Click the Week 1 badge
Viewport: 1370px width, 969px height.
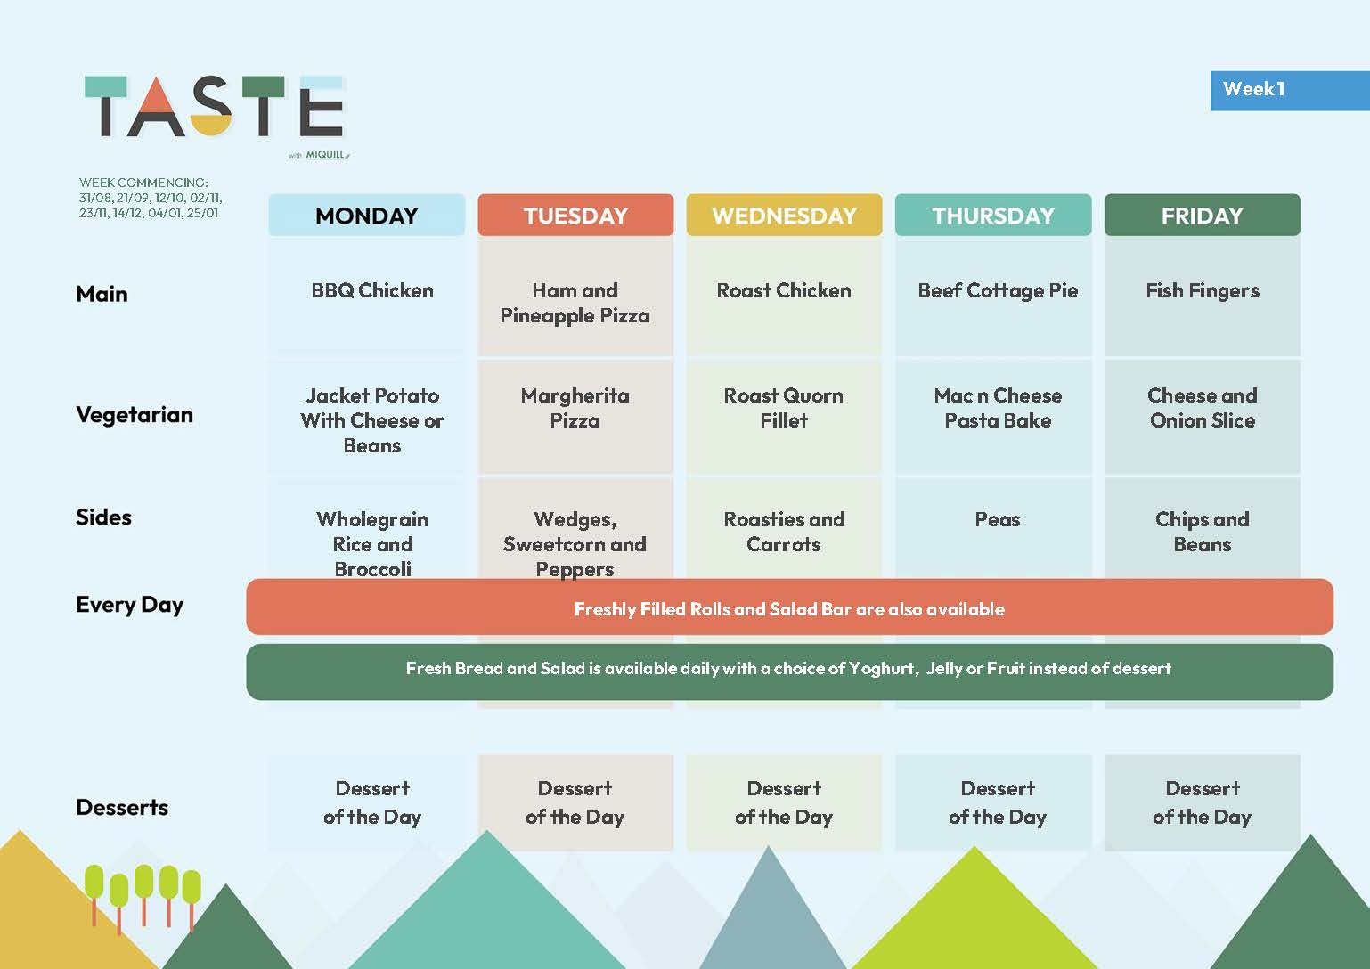pyautogui.click(x=1290, y=91)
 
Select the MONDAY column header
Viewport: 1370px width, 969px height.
pyautogui.click(x=366, y=216)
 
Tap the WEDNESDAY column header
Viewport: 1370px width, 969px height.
pyautogui.click(x=784, y=216)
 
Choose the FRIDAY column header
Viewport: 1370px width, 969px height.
pyautogui.click(x=1202, y=216)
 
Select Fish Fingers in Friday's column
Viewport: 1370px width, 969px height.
pyautogui.click(x=1203, y=291)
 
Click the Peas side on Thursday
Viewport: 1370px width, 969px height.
pyautogui.click(x=998, y=519)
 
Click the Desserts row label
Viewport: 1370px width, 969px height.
pyautogui.click(x=122, y=807)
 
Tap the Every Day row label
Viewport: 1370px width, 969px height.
pyautogui.click(x=130, y=606)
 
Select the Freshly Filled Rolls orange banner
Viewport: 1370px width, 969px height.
pyautogui.click(x=789, y=607)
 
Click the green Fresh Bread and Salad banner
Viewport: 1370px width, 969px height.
pyautogui.click(x=789, y=672)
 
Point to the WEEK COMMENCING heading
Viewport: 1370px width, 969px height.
pyautogui.click(x=143, y=183)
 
